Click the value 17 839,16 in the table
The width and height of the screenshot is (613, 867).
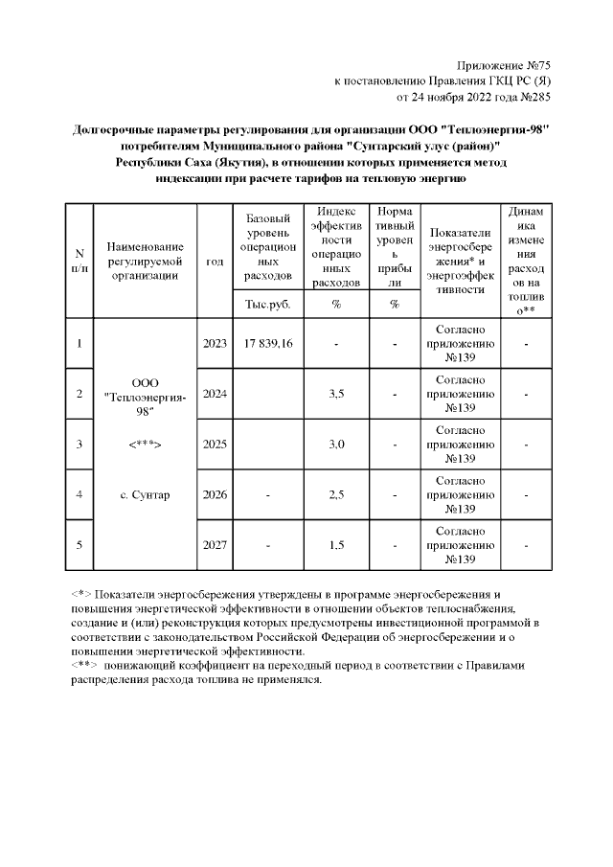[x=268, y=343]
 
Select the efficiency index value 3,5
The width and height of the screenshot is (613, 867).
[x=336, y=394]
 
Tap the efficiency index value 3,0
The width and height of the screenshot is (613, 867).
[x=336, y=445]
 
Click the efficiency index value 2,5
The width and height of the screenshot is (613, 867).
[x=336, y=495]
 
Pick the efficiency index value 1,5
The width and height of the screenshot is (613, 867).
[x=336, y=545]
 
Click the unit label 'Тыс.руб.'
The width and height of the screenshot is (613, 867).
[x=268, y=305]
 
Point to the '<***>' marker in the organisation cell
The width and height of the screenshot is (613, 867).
[x=144, y=445]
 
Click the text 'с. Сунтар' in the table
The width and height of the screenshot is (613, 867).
[x=144, y=495]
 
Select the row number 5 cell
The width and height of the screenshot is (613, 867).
[x=79, y=545]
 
